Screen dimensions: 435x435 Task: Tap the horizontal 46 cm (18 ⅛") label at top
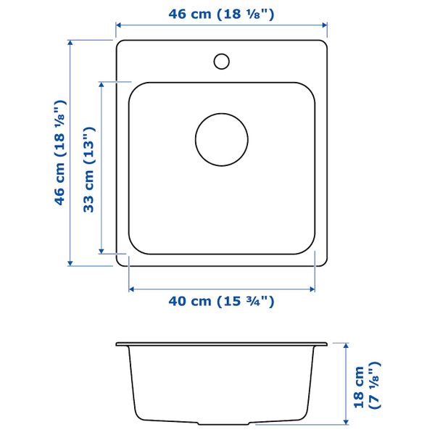tap(221, 14)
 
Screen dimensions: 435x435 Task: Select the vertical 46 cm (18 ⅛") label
tap(60, 152)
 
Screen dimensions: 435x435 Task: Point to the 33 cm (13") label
tap(89, 170)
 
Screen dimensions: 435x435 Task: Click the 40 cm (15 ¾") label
tap(221, 301)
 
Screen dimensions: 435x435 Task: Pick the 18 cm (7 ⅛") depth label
tap(368, 386)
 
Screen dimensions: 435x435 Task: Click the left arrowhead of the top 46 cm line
tap(118, 25)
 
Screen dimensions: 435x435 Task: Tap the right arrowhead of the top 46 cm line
tap(325, 25)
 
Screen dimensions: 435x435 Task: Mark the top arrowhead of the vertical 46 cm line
tap(70, 43)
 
